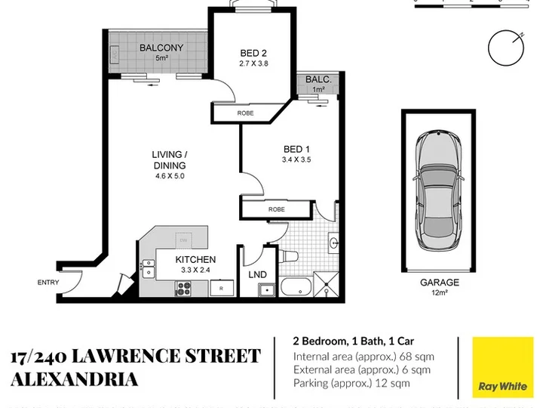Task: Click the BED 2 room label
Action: pos(253,53)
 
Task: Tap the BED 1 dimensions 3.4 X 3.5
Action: pos(296,160)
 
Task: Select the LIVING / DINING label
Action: pos(170,160)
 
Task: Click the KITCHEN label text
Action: pos(195,259)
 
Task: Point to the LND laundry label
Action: pos(258,275)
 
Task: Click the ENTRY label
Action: pos(48,283)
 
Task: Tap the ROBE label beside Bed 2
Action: pos(245,113)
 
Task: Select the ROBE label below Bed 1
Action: pos(276,209)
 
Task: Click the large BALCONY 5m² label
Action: pos(161,52)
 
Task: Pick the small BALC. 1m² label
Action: pos(318,84)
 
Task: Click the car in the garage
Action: pos(438,191)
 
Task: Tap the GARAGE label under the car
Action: pos(440,283)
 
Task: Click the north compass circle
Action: pos(506,48)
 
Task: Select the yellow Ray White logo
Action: pos(503,367)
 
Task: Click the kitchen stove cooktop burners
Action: pos(183,289)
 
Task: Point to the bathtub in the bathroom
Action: pos(296,287)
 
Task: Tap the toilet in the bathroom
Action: pos(288,256)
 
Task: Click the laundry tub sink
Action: pos(267,289)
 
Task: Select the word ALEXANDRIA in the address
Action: pos(75,379)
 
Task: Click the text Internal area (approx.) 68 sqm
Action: pos(364,357)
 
